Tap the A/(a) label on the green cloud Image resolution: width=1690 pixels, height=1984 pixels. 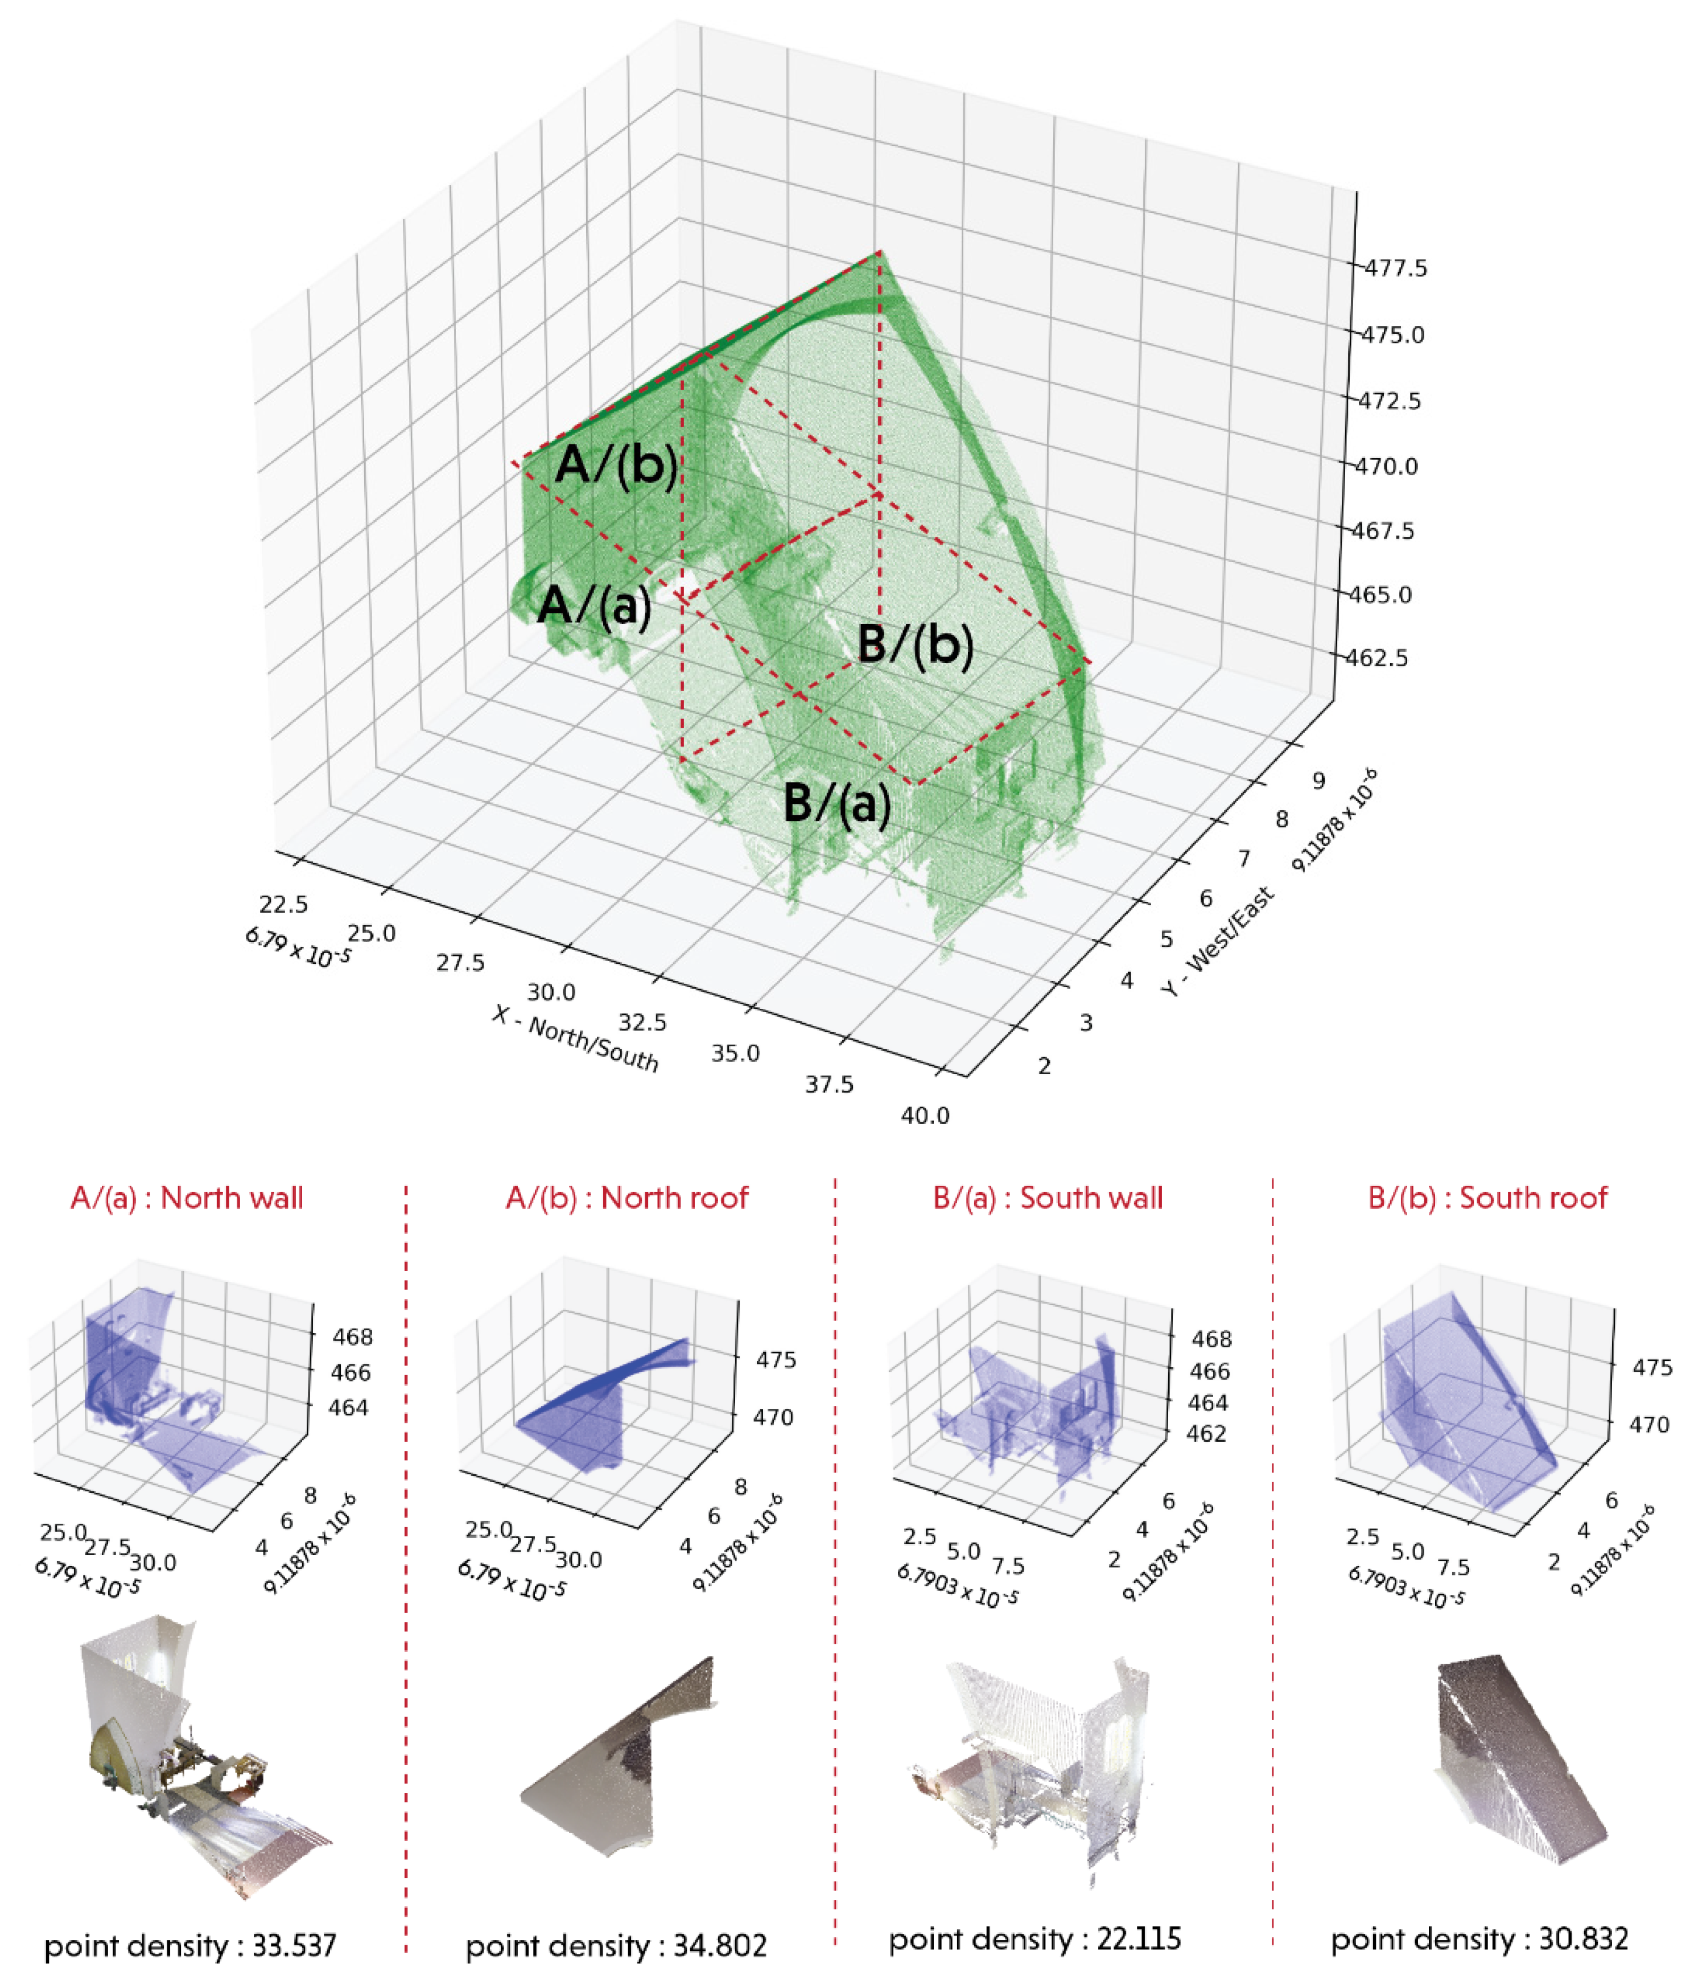(593, 605)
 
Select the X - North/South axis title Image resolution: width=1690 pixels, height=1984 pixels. (575, 1038)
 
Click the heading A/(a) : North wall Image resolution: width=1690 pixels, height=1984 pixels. (187, 1198)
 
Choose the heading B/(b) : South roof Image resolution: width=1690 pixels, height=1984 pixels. (1487, 1198)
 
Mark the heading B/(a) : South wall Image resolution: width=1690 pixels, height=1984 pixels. (1048, 1198)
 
